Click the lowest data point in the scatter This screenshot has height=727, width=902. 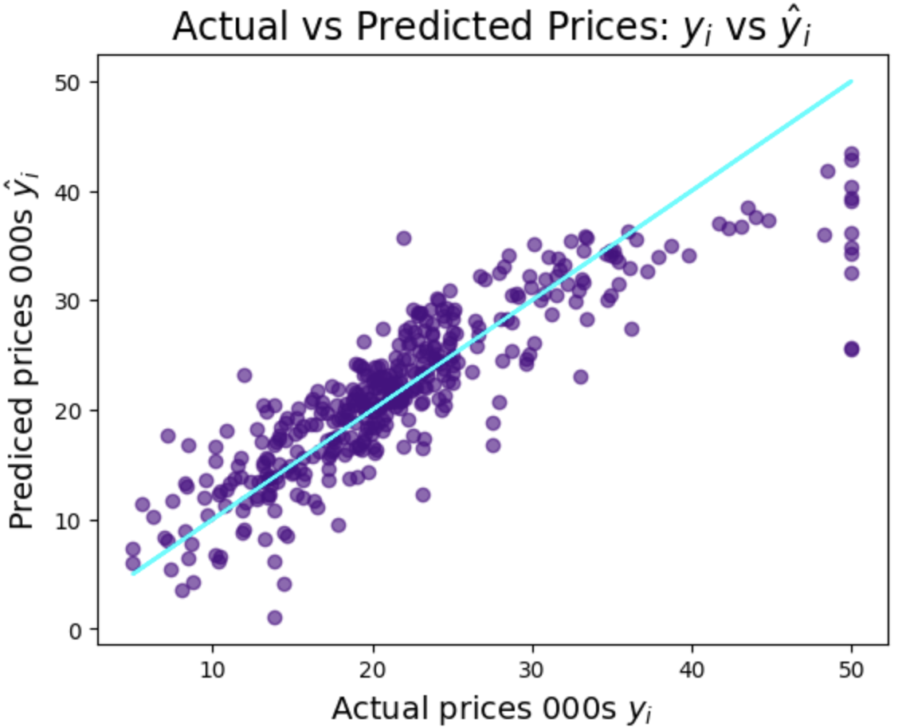coord(275,617)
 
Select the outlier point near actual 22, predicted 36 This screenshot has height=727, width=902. coord(404,238)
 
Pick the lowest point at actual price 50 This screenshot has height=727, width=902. coord(852,348)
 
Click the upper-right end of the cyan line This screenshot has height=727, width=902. coord(851,81)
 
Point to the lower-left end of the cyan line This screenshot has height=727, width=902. coord(134,573)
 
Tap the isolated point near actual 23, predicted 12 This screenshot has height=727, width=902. coord(422,494)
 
